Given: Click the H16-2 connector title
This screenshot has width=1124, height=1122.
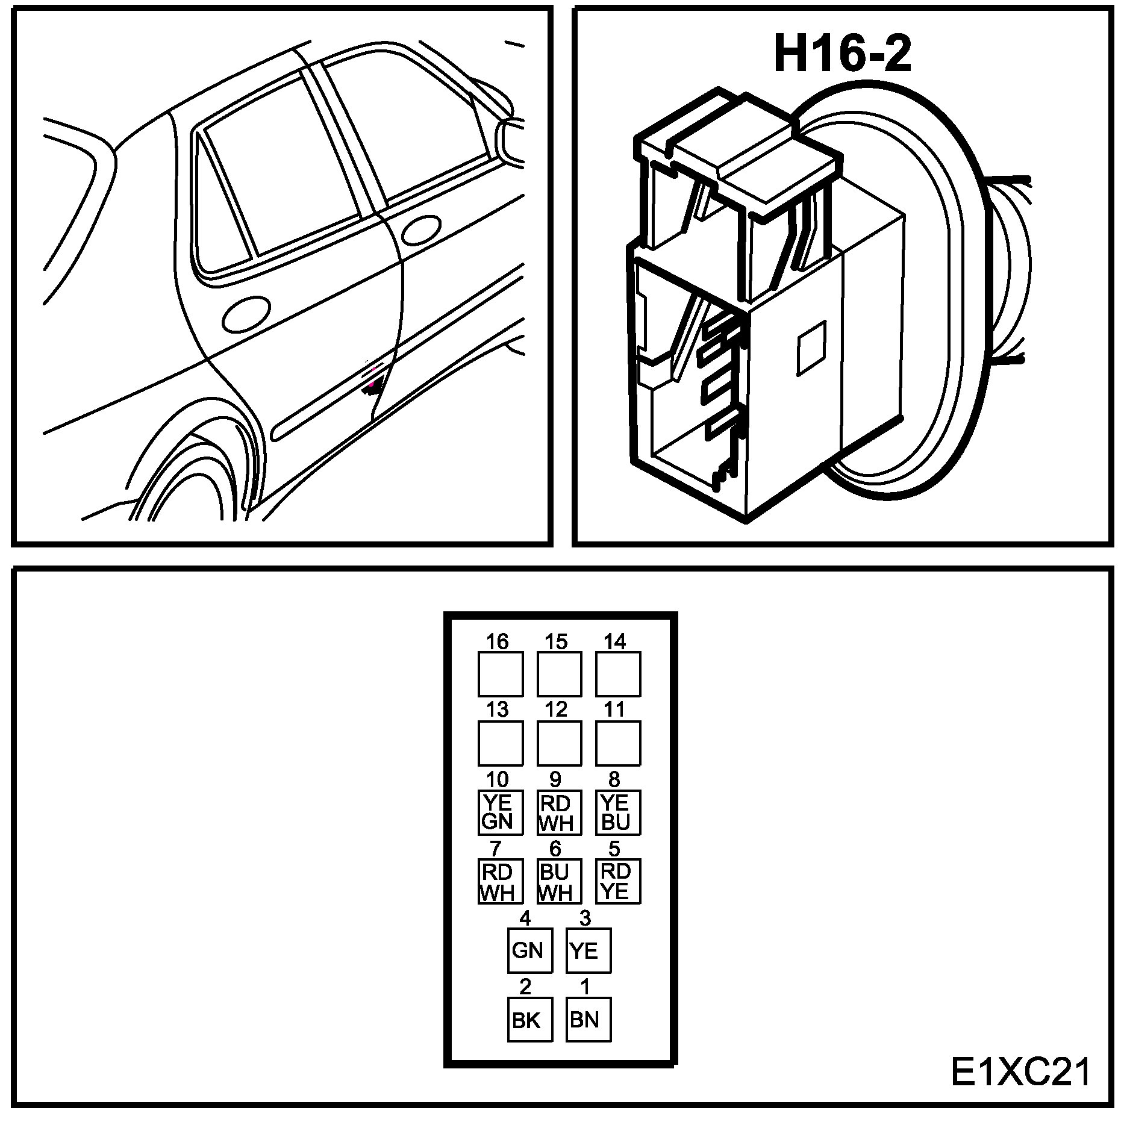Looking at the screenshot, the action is click(842, 54).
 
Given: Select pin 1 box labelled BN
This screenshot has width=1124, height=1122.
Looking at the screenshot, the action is click(588, 1019).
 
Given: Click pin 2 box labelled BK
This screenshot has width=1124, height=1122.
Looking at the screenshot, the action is click(529, 1019).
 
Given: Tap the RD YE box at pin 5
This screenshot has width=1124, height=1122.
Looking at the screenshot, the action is click(617, 881).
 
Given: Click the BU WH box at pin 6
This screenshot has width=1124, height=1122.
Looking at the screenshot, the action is click(559, 881).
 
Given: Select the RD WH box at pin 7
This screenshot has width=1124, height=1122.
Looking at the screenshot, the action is click(500, 881).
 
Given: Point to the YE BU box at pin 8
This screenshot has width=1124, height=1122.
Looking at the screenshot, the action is click(617, 812).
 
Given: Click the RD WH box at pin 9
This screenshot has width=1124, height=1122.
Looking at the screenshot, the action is click(559, 812).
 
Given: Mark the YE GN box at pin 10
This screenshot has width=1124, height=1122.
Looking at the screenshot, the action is click(500, 812).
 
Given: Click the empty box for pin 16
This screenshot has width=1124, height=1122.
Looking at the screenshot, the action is click(500, 675).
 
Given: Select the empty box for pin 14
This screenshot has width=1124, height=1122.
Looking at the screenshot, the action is click(617, 675).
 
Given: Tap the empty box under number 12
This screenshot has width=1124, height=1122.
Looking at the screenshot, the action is click(559, 743).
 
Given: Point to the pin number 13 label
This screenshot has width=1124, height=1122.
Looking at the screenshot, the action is click(498, 709).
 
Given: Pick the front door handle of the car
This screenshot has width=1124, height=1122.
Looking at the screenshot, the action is click(421, 231).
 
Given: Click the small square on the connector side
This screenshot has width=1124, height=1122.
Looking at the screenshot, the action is click(811, 348).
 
